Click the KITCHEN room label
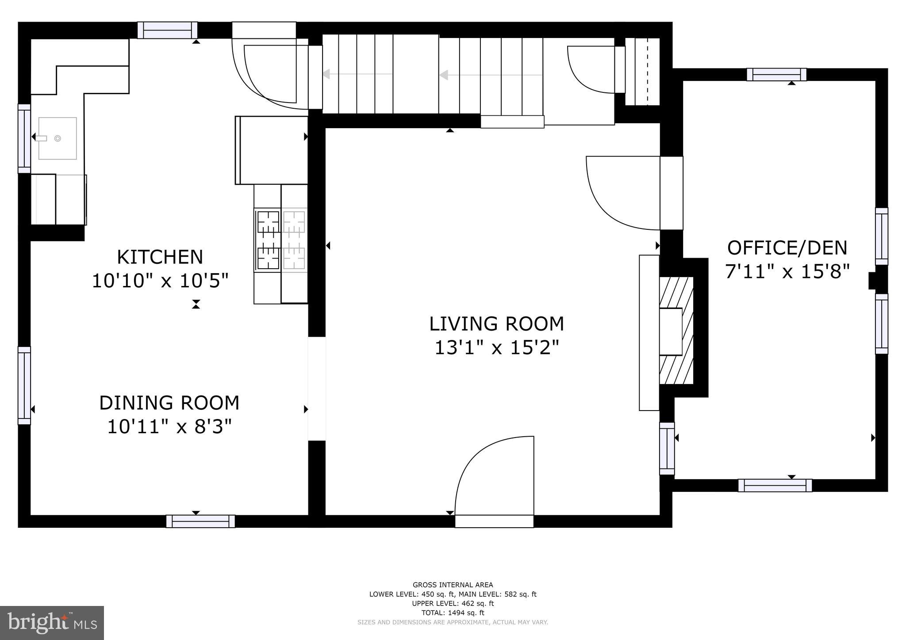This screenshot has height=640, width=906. click(160, 257)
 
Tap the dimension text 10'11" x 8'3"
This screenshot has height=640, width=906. click(169, 427)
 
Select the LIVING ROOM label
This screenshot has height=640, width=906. click(496, 324)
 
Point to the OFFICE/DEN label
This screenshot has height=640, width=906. click(787, 248)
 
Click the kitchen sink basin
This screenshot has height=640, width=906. click(58, 138)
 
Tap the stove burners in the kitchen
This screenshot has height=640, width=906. click(269, 240)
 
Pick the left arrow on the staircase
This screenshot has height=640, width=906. click(326, 74)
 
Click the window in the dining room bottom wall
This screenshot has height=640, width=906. click(200, 521)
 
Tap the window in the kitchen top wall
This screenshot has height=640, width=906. click(167, 30)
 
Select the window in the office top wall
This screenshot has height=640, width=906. click(776, 74)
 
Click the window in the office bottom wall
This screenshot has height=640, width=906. click(775, 485)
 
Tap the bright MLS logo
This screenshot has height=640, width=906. click(52, 623)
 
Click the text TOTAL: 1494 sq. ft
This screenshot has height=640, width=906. click(453, 613)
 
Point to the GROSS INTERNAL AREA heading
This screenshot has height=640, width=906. click(453, 585)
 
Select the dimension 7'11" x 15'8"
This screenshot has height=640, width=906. click(787, 271)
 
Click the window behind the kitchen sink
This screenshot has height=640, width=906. click(24, 138)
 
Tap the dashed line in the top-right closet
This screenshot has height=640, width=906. click(648, 72)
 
